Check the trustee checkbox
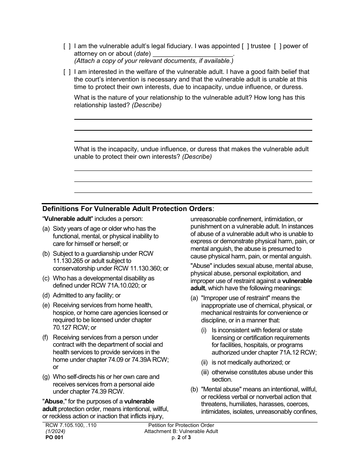tap(246, 46)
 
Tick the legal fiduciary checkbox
tap(67, 46)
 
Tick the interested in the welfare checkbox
tap(67, 72)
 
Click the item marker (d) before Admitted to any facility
tap(46, 296)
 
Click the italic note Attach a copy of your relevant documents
tap(153, 61)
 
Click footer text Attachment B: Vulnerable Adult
tap(181, 431)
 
